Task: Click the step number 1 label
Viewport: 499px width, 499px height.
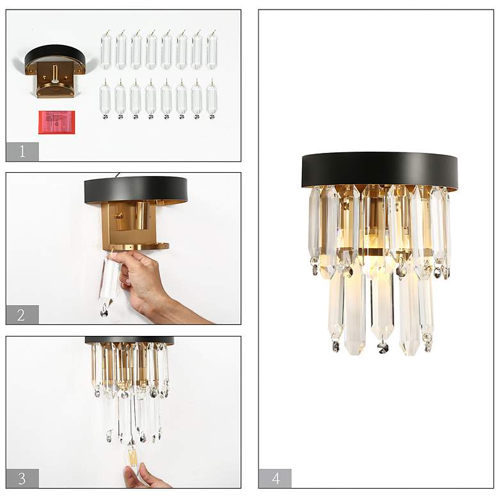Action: coord(22,152)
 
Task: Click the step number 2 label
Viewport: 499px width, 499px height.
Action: coord(22,315)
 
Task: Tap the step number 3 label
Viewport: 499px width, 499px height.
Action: coord(22,478)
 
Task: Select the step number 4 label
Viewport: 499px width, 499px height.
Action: coord(275,478)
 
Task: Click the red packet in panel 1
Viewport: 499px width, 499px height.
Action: coord(56,122)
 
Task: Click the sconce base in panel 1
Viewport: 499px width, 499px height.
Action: coord(54,70)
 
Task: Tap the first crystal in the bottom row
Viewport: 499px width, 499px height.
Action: coord(105,99)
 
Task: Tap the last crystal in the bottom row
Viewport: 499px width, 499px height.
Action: coord(212,99)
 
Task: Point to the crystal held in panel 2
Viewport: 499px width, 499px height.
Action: coord(109,281)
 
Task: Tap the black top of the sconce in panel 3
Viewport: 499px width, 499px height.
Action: coord(129,340)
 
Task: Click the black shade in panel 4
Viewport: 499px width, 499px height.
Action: coord(379,169)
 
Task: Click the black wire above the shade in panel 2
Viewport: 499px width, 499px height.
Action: coord(116,174)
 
